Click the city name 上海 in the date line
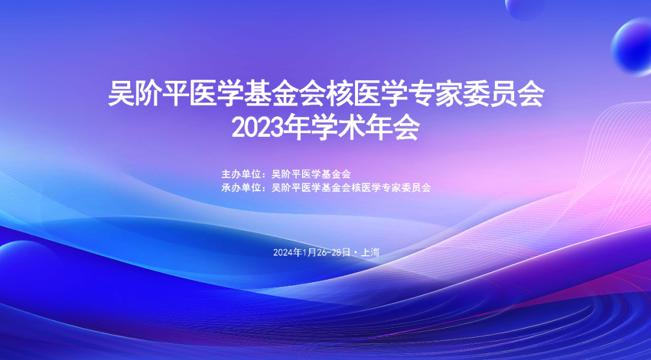click(370, 253)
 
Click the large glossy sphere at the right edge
click(632, 46)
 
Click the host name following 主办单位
click(311, 174)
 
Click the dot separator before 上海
click(356, 253)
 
